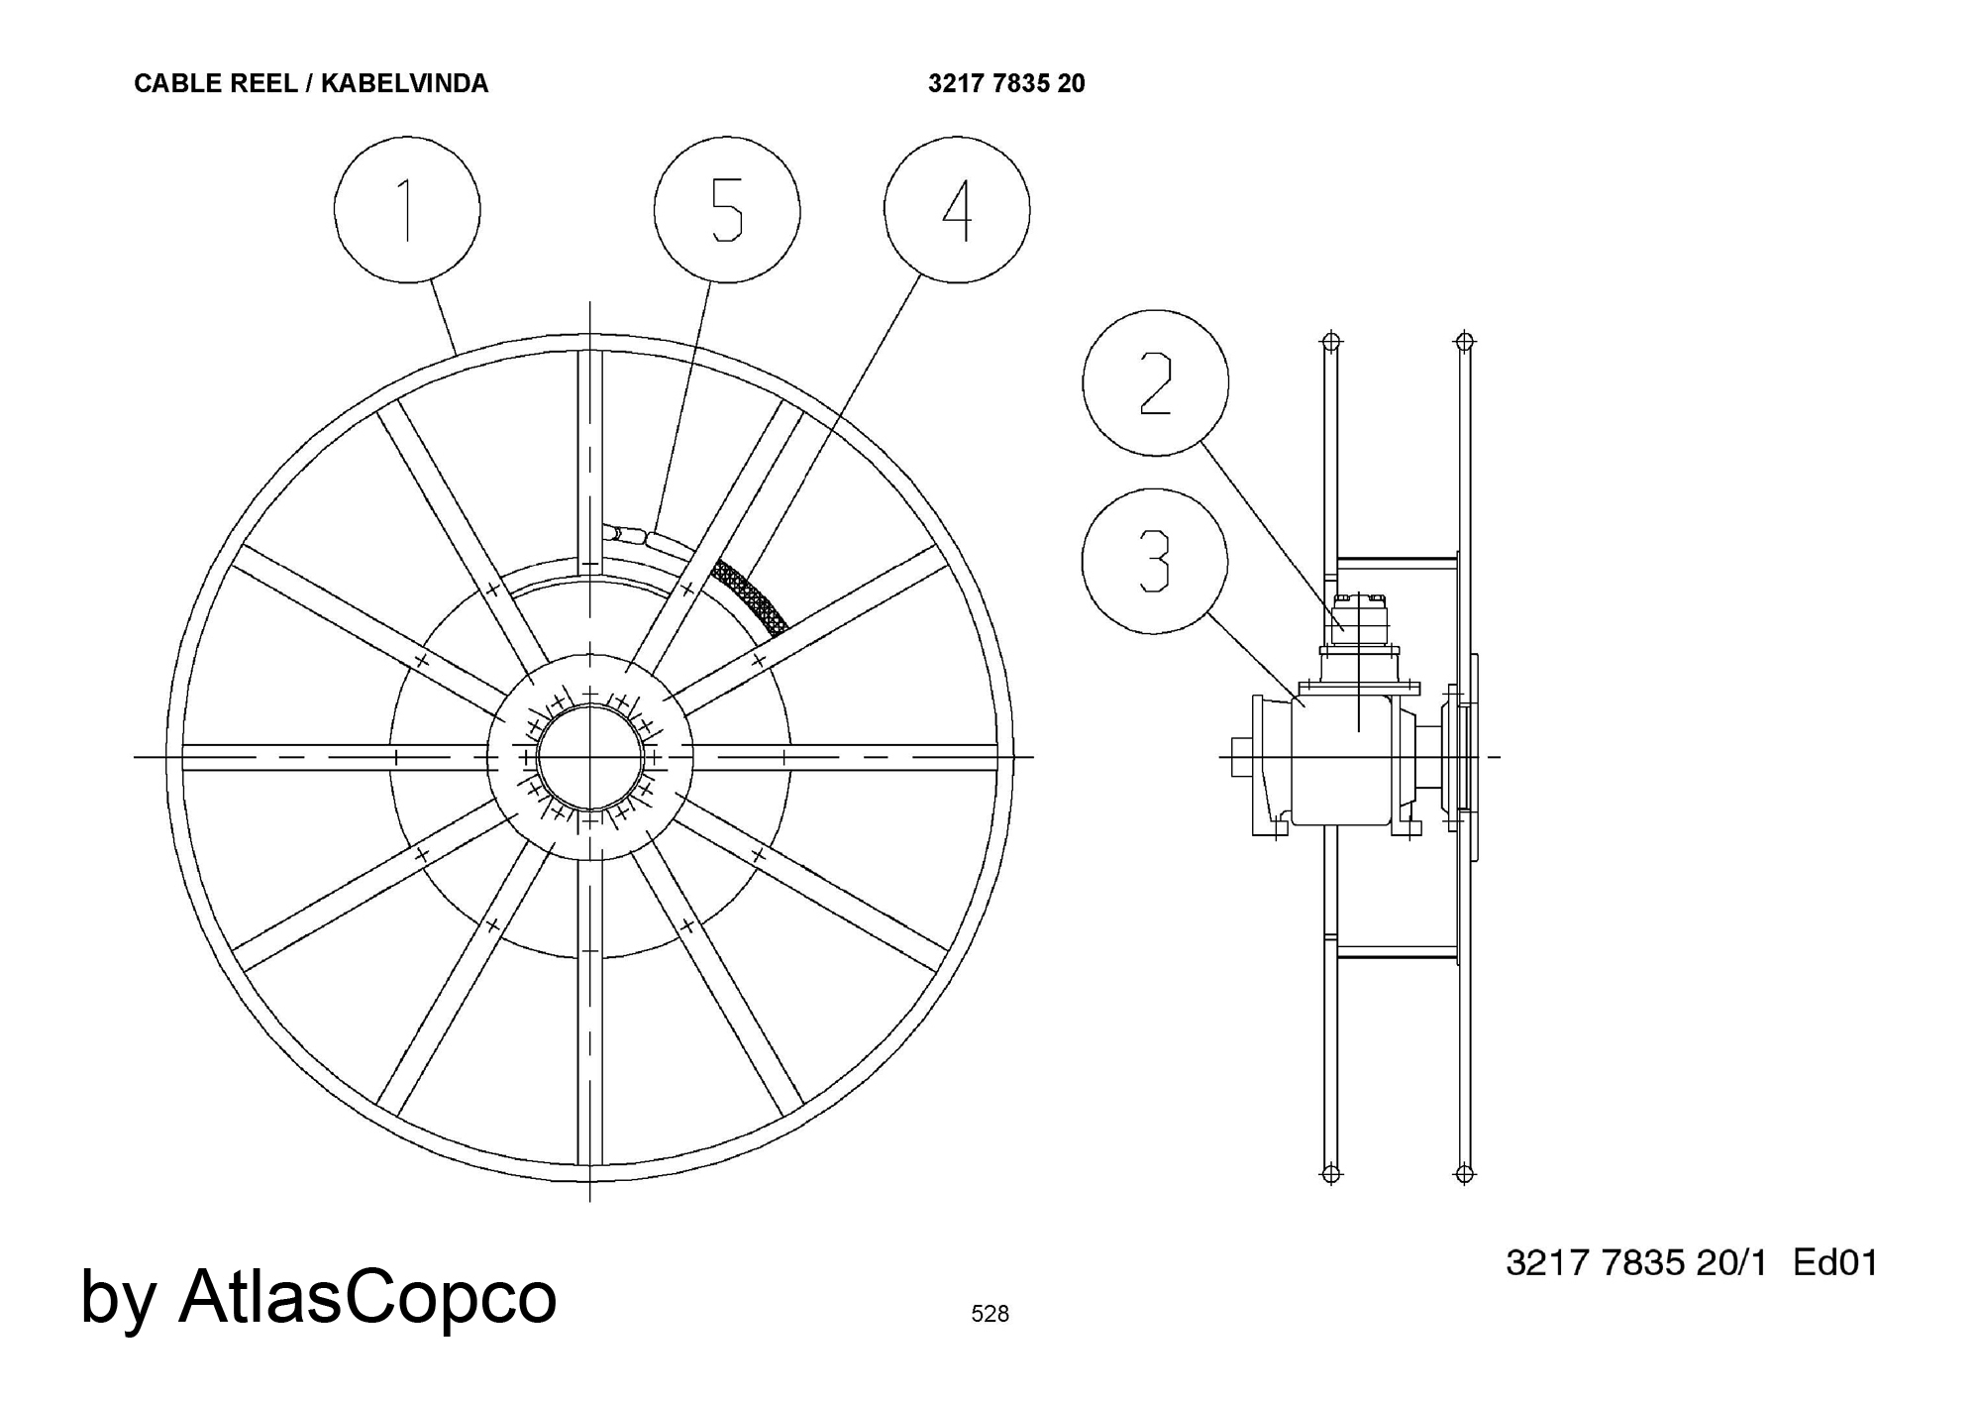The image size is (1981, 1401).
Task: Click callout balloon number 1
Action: [407, 210]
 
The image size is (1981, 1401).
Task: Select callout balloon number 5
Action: [727, 210]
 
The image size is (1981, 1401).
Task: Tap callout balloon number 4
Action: [957, 210]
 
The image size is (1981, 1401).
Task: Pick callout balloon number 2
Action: [1156, 382]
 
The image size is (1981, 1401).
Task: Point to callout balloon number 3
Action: [1155, 561]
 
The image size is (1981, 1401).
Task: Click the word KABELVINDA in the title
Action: [404, 84]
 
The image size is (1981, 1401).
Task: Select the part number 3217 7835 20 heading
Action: [1006, 84]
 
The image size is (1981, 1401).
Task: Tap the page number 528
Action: [990, 1314]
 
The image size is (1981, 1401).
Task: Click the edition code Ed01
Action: [1835, 1263]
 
